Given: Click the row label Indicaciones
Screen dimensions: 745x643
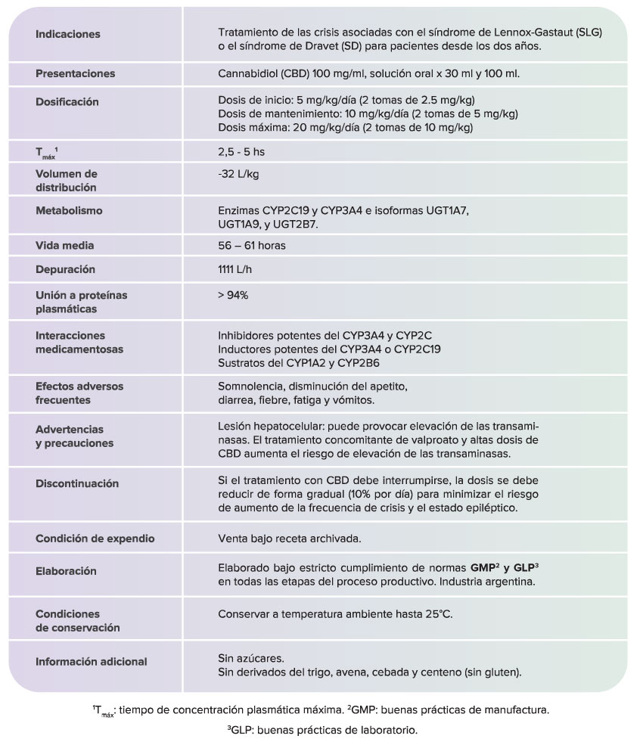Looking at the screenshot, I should (x=68, y=35).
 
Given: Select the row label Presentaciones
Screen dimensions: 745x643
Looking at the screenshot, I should (x=76, y=73).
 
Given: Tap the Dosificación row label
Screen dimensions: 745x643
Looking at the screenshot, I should (x=67, y=101).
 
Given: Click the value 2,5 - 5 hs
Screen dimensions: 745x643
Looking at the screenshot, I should (x=241, y=152).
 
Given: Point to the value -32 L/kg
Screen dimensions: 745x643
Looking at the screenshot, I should (x=238, y=174).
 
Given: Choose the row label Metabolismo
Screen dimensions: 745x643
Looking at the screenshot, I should (x=70, y=210).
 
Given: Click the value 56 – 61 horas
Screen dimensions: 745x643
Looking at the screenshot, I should (x=251, y=246).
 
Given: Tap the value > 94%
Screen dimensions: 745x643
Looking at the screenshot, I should (x=233, y=295).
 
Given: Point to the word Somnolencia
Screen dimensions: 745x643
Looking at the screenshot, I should (x=250, y=386).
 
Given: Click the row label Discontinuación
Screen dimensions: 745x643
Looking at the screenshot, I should (x=77, y=483).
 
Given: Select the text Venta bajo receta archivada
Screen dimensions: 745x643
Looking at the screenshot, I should (x=289, y=539).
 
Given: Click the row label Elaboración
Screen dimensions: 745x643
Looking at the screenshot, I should (x=66, y=571).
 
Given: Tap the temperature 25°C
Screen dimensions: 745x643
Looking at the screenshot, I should (x=437, y=614).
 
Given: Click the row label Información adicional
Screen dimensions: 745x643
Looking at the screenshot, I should (x=92, y=662).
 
